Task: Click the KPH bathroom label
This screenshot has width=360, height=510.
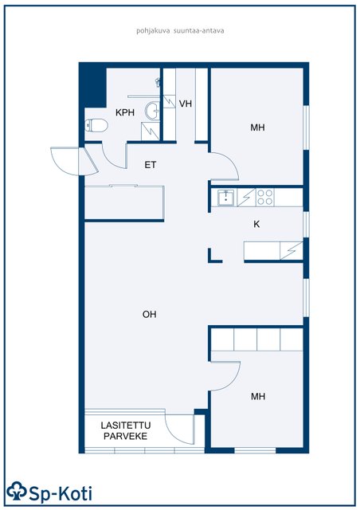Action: click(125, 112)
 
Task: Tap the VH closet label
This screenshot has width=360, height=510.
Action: click(186, 104)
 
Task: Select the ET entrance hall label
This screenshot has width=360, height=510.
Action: click(151, 165)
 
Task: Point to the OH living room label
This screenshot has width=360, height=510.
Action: click(149, 314)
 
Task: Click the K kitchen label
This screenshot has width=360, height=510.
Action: click(256, 224)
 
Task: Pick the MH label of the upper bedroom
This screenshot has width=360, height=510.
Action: click(257, 127)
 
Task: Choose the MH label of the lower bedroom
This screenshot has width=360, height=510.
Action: click(258, 396)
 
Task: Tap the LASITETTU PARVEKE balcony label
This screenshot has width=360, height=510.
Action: click(126, 430)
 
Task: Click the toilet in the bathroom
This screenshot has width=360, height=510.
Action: click(96, 126)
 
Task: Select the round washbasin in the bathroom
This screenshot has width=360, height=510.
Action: click(152, 110)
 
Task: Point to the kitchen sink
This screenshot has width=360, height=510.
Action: click(225, 198)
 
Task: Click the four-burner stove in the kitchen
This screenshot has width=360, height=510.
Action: click(264, 198)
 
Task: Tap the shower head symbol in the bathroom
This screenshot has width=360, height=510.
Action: click(158, 82)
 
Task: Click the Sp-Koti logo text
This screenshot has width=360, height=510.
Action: click(61, 494)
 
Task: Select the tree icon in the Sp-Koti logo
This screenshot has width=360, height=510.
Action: click(17, 491)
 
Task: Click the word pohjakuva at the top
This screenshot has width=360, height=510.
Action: click(153, 31)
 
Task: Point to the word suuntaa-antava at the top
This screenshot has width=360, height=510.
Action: click(198, 31)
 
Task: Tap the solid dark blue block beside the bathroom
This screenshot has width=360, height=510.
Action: click(93, 86)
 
